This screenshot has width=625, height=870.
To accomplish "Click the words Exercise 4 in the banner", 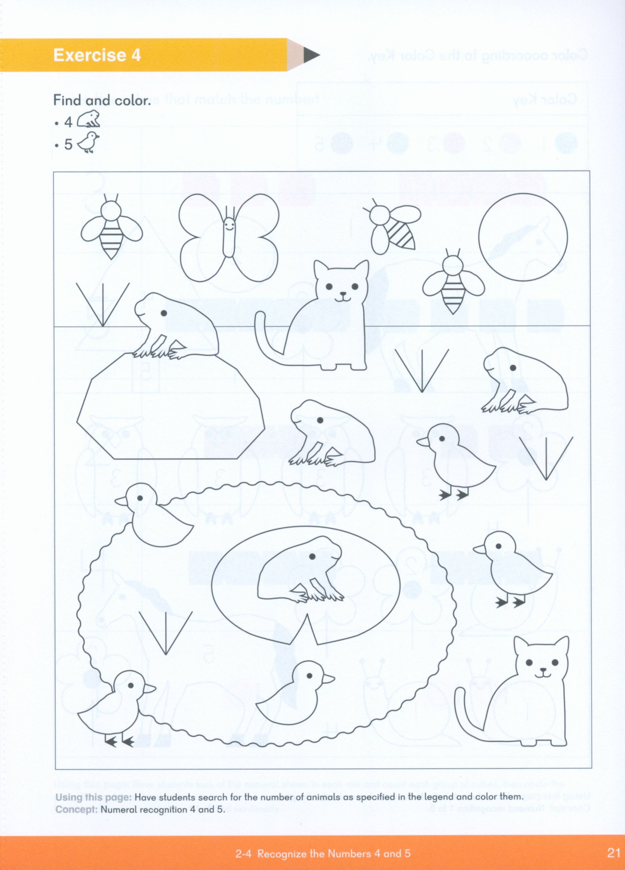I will (x=97, y=56).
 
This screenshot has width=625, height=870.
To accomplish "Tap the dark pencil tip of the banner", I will (x=312, y=56).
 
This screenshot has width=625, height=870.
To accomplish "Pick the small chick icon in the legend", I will (x=88, y=143).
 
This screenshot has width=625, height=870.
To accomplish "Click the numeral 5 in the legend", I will (x=68, y=145).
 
